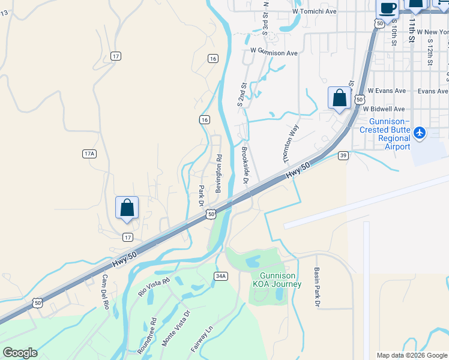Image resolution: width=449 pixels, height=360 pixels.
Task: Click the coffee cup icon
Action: tap(387, 8)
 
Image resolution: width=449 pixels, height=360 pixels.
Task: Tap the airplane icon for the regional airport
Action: tap(420, 132)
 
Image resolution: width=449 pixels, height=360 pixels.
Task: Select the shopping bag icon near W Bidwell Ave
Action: tap(339, 97)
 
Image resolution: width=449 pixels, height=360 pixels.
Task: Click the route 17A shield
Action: tap(89, 154)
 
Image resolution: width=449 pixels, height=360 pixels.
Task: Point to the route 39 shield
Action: tap(343, 155)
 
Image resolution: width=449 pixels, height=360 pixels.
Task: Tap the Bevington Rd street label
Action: tap(220, 173)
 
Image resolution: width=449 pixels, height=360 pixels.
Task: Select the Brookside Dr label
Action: tap(245, 166)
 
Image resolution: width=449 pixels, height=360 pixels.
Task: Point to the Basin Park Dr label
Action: tap(316, 287)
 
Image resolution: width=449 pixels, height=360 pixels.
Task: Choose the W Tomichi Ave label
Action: tap(315, 11)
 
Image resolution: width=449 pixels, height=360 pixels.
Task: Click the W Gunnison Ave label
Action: tap(274, 53)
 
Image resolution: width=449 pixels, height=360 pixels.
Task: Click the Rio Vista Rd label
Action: tap(154, 286)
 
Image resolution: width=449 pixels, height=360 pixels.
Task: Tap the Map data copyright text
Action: tap(412, 355)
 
